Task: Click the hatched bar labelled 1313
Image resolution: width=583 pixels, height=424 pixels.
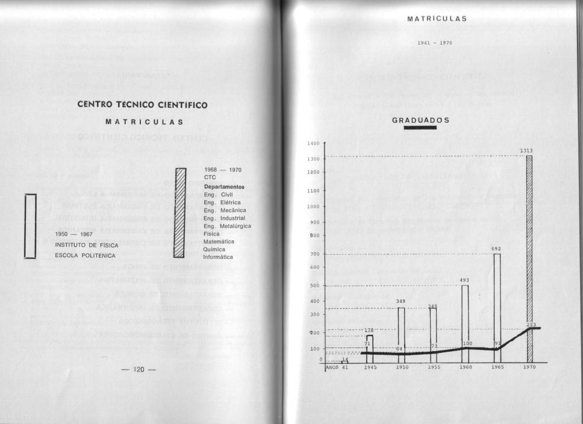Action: [x=529, y=259]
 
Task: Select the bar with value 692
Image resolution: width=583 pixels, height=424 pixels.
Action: [x=497, y=307]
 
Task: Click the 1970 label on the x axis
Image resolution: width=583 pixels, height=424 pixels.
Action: [x=529, y=367]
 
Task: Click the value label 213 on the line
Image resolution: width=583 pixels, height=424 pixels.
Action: [x=531, y=325]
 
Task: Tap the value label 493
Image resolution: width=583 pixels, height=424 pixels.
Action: [x=464, y=280]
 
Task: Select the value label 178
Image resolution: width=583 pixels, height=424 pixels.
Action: [x=369, y=330]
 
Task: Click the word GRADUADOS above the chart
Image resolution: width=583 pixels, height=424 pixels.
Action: [x=420, y=120]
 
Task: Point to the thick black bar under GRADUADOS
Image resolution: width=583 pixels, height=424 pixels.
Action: [x=420, y=127]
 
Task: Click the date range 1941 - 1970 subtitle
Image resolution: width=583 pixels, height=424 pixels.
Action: [x=434, y=43]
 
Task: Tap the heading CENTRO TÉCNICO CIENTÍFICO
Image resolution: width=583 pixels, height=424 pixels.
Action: [x=142, y=105]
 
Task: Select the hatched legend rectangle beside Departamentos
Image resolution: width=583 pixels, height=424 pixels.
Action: [x=179, y=212]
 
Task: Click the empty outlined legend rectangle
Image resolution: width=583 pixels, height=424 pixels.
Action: [x=30, y=226]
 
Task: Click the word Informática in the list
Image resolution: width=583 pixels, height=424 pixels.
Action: [x=218, y=257]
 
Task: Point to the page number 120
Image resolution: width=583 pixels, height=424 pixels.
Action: [x=138, y=369]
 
